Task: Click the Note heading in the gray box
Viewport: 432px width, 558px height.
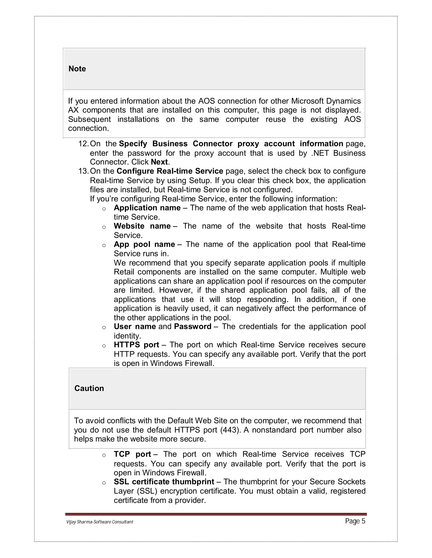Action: point(77,69)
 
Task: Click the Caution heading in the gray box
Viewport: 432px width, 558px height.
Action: point(89,388)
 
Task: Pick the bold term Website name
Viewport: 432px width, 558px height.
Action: point(142,226)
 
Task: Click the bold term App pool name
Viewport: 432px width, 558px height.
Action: point(144,244)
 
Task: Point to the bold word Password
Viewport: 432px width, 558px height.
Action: point(192,327)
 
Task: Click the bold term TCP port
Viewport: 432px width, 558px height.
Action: point(132,454)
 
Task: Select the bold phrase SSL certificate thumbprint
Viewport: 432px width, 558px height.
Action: point(164,482)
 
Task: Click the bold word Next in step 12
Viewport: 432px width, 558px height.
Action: point(159,162)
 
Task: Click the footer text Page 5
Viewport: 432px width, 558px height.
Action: point(355,521)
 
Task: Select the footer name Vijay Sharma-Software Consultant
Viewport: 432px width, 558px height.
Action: point(100,522)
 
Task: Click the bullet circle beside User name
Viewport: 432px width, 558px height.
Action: point(104,328)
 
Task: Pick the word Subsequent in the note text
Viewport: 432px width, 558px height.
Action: point(89,119)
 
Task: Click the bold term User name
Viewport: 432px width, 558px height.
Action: point(135,327)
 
